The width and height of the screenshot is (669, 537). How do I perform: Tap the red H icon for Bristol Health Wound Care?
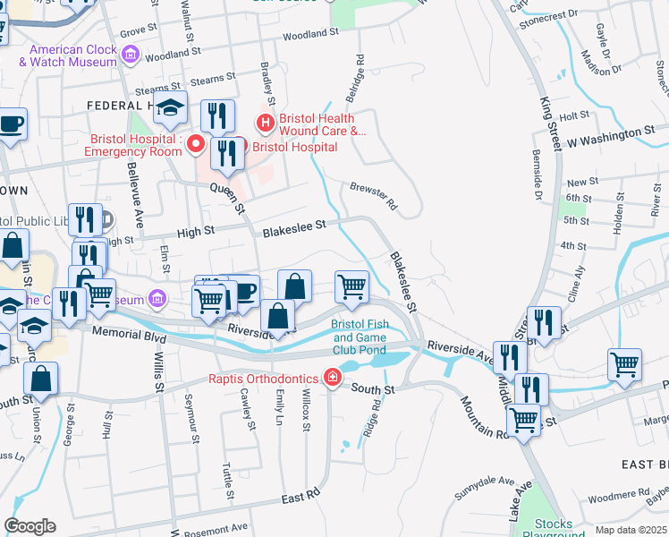click(265, 123)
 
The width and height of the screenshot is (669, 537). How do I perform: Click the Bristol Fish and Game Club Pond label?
click(359, 337)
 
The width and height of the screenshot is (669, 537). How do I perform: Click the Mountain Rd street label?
click(484, 418)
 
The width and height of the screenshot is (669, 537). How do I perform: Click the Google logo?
click(30, 526)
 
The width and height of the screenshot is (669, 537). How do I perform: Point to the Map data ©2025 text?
click(631, 530)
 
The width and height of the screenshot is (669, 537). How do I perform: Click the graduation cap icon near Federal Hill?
click(169, 109)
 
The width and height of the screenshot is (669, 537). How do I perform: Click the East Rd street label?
click(300, 495)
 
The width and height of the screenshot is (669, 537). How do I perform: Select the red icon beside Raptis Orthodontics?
click(332, 378)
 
